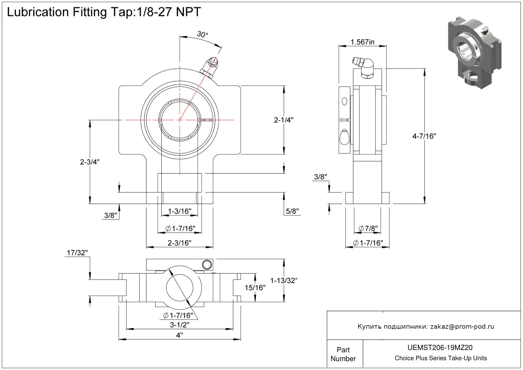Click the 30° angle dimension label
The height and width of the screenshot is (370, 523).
tap(202, 34)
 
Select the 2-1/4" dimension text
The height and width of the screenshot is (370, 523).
tap(284, 120)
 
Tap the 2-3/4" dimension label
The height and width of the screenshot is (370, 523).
tap(90, 162)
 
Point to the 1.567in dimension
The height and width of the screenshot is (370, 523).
tap(362, 42)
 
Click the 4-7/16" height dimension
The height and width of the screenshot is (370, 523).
tap(424, 136)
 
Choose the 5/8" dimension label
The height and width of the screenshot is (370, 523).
tap(292, 211)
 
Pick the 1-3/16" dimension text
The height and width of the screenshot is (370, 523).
tap(180, 212)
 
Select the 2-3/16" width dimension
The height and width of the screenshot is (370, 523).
tap(180, 243)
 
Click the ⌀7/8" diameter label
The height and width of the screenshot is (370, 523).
tap(368, 228)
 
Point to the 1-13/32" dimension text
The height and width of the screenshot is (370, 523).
tap(284, 281)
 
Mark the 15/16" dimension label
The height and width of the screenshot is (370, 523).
tap(255, 288)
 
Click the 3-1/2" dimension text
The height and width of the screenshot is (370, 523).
tap(180, 325)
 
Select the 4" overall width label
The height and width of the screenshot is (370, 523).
tap(180, 335)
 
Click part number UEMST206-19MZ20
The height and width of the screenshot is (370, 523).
tap(440, 348)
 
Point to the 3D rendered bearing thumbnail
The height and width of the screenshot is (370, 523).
tap(474, 52)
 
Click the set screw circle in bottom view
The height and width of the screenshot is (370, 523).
tap(207, 264)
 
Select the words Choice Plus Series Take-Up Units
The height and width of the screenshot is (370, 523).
tap(440, 358)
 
